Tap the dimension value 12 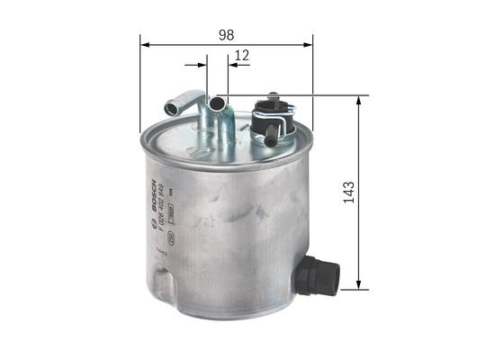(x=240, y=56)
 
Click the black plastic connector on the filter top (x=274, y=117)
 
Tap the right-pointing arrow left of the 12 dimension (x=201, y=65)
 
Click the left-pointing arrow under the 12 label (x=232, y=65)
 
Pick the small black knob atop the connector (x=270, y=98)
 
